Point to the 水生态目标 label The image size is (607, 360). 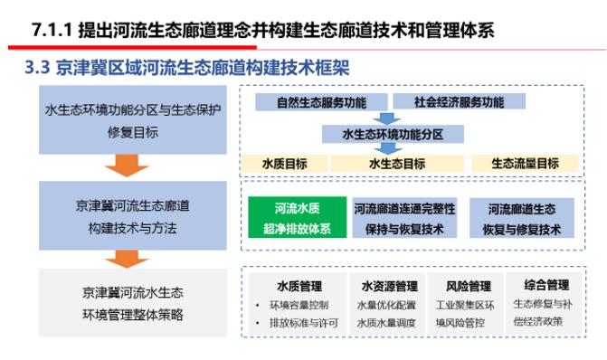397,164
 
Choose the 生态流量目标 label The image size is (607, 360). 525,164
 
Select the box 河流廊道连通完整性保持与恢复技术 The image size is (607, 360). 403,219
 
